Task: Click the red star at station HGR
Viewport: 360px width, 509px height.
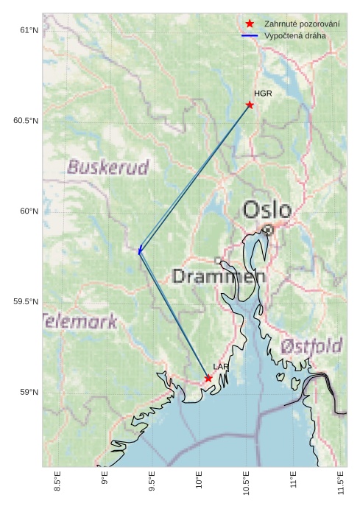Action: click(x=250, y=105)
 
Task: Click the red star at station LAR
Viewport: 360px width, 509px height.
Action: click(x=208, y=378)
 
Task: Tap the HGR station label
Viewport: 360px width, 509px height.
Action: click(x=263, y=94)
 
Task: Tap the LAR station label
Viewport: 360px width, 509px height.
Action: click(x=221, y=367)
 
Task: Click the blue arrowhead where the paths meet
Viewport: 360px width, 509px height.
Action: click(x=139, y=251)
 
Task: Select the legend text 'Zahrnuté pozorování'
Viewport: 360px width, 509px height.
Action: click(x=302, y=24)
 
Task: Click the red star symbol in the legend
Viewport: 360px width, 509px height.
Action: click(x=250, y=24)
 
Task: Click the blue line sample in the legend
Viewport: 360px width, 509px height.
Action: click(x=250, y=35)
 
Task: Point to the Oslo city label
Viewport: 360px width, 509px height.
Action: click(x=267, y=210)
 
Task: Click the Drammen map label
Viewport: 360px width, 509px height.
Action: click(x=218, y=277)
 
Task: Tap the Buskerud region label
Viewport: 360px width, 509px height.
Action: click(x=108, y=167)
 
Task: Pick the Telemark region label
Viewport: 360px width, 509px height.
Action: click(x=80, y=321)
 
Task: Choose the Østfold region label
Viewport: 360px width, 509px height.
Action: click(x=312, y=346)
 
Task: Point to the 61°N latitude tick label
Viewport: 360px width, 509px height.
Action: click(x=28, y=30)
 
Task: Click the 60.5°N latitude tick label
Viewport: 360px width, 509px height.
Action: click(x=25, y=121)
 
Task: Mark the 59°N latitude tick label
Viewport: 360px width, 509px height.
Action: click(x=28, y=392)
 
